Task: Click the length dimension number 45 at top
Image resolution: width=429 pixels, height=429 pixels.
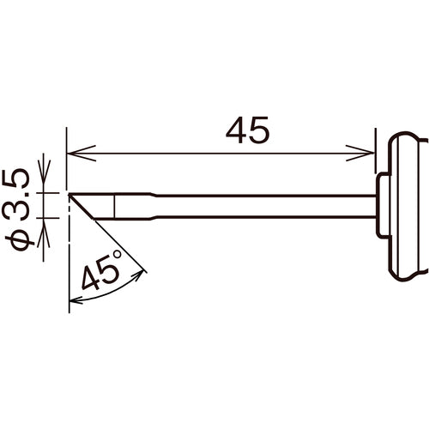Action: coord(247,130)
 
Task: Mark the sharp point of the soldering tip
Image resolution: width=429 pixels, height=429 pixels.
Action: coord(68,194)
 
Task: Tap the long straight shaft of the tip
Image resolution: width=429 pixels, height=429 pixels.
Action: coord(257,206)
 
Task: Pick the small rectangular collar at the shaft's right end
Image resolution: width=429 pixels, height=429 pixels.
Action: coord(382,206)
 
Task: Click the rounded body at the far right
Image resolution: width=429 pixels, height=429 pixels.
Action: coord(405,206)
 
